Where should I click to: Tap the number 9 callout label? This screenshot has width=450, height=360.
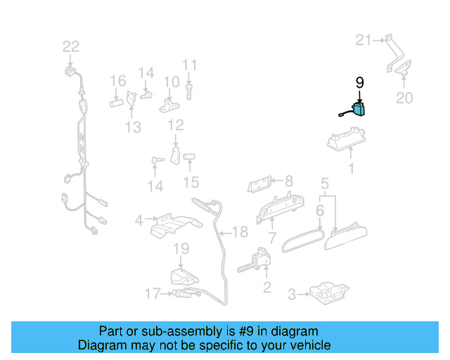[x=360, y=83]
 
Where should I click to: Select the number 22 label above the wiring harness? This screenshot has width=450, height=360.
[x=71, y=47]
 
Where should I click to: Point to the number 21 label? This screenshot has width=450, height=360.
[x=364, y=40]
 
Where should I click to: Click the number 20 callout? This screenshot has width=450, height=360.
[x=404, y=98]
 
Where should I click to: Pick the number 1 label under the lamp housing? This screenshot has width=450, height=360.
[x=352, y=169]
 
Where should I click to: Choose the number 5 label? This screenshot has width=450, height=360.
[x=325, y=185]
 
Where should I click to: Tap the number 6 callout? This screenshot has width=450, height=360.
[x=320, y=210]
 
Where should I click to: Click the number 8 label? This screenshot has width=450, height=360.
[x=288, y=181]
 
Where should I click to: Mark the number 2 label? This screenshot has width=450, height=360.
[x=266, y=287]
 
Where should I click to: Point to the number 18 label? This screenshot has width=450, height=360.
[x=240, y=232]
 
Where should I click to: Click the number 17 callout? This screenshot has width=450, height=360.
[x=153, y=293]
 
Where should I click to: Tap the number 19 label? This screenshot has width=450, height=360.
[x=181, y=248]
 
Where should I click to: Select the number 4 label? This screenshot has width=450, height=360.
[x=139, y=221]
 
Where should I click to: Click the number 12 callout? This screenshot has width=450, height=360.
[x=176, y=125]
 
